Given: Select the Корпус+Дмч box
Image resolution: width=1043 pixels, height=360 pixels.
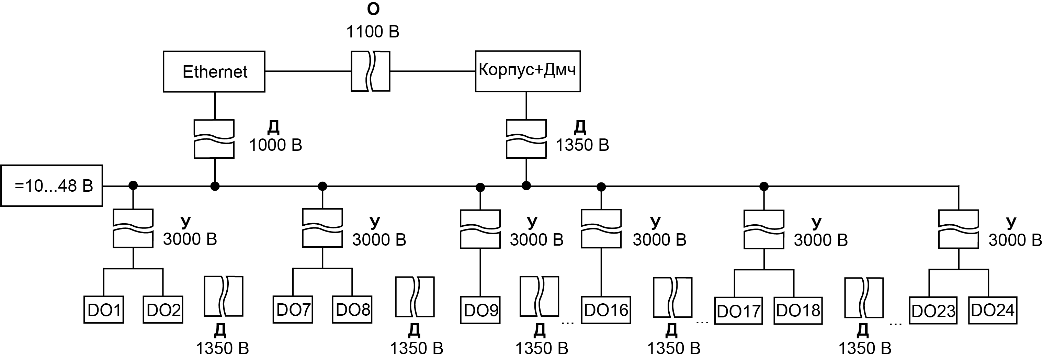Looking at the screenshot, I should point(527,71).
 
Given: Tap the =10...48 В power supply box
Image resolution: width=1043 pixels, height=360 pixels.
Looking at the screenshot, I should point(52,186).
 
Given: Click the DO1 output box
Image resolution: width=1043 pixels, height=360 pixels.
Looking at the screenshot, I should point(104,310).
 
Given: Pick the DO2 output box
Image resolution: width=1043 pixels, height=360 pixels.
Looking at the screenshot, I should point(163,310).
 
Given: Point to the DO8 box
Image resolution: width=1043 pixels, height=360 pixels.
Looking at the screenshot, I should point(352,310).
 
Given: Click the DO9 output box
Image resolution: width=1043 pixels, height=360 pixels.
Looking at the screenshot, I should point(480,311).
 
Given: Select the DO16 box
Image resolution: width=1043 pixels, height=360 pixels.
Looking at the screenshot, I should point(606,311).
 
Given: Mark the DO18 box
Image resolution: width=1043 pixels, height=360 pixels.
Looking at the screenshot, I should point(798,311).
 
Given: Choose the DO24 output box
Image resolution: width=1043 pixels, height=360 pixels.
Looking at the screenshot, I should point(993,311).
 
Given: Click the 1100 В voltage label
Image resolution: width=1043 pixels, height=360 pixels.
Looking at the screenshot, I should point(373,32).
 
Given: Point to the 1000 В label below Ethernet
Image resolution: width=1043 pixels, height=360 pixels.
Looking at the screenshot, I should point(275,145).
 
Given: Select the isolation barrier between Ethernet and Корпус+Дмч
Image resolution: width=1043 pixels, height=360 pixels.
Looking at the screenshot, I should point(370,71).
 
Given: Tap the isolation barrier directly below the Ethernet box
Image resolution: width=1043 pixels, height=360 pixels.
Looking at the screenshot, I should point(214,139).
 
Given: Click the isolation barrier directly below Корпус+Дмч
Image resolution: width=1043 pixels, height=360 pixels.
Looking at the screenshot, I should point(526,139).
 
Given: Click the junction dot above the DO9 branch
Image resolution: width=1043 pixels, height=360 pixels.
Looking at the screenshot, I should point(480,187).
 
